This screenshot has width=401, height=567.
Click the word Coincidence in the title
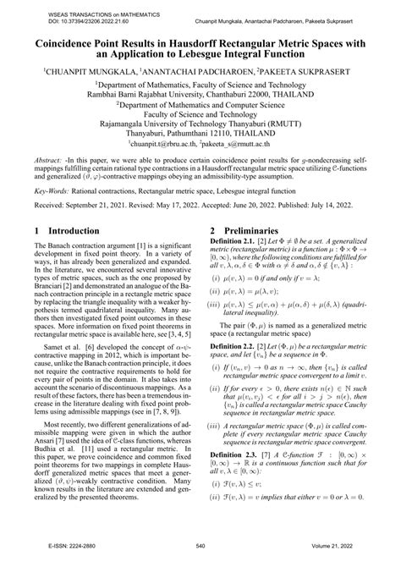pos(68,39)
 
